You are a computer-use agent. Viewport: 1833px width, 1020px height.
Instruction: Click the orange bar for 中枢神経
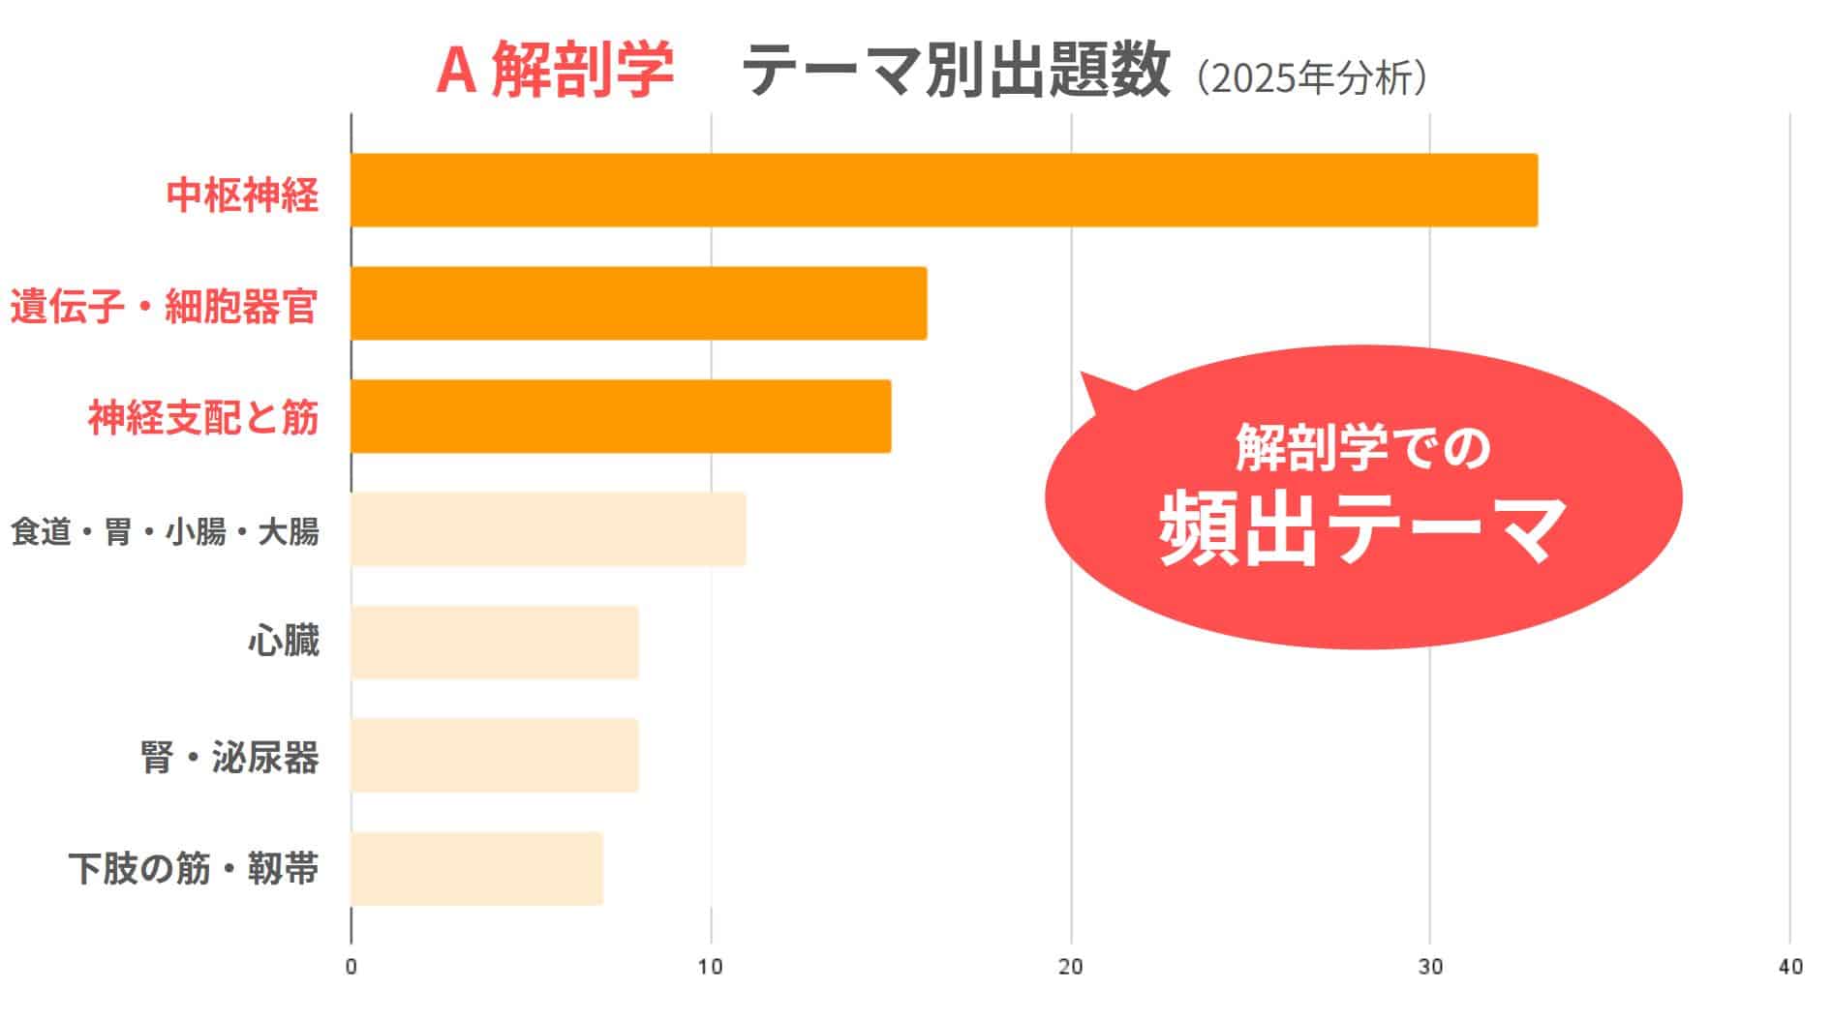(x=944, y=191)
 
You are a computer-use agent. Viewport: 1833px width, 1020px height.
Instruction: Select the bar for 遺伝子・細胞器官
(x=638, y=303)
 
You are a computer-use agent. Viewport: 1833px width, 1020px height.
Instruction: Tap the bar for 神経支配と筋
(x=621, y=416)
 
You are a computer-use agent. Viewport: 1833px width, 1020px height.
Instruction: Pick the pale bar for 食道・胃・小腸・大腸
(x=548, y=528)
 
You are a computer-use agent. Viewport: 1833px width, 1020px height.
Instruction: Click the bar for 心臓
(x=495, y=642)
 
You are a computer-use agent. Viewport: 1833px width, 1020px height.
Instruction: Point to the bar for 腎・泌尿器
(x=495, y=755)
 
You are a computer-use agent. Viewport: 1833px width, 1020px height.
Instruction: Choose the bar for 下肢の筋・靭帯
(x=476, y=868)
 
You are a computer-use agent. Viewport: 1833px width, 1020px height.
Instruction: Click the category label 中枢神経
(x=242, y=195)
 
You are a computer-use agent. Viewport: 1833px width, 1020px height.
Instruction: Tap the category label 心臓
(x=283, y=642)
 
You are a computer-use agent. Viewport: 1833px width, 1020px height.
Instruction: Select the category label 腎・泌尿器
(x=229, y=757)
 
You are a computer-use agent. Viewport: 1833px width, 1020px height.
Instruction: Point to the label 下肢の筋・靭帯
(x=194, y=869)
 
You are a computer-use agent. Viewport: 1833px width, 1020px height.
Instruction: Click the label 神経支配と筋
(x=203, y=418)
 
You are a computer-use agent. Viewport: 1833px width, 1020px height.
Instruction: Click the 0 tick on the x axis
(x=351, y=967)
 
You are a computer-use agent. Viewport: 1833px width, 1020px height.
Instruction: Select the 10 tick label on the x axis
(x=711, y=967)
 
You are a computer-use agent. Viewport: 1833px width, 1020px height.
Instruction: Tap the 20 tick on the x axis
(x=1071, y=967)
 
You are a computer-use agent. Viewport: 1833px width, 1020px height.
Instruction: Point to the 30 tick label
(x=1430, y=967)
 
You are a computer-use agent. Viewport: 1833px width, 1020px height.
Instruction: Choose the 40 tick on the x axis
(x=1789, y=967)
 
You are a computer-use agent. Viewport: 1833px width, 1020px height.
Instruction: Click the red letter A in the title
(x=455, y=71)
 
